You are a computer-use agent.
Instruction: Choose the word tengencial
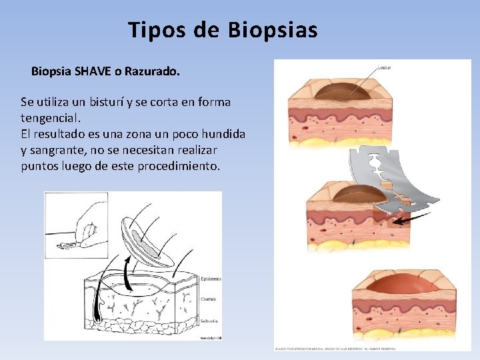pyautogui.click(x=51, y=118)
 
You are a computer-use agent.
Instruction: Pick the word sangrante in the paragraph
pyautogui.click(x=59, y=150)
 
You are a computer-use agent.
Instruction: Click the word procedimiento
pyautogui.click(x=178, y=166)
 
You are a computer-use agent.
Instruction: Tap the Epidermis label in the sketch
pyautogui.click(x=210, y=279)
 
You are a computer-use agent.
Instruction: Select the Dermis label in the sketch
pyautogui.click(x=209, y=299)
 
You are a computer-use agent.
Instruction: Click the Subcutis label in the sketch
pyautogui.click(x=209, y=321)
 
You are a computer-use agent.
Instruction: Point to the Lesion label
pyautogui.click(x=384, y=67)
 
